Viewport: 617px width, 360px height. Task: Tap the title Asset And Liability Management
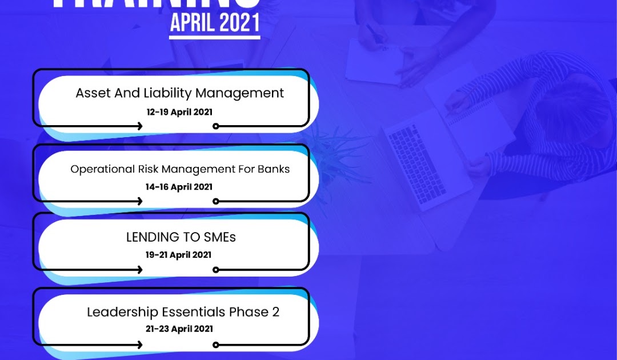179,93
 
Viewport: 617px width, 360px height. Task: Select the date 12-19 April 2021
179,112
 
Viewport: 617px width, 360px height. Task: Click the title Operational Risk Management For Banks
180,169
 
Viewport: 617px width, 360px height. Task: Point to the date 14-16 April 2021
179,187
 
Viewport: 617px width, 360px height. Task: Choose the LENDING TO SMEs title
181,237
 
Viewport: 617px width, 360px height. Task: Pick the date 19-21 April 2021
179,255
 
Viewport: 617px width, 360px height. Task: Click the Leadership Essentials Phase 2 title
183,312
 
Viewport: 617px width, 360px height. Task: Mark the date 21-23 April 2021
179,329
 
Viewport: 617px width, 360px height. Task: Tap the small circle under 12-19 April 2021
215,126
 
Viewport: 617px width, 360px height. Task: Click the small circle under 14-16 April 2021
215,201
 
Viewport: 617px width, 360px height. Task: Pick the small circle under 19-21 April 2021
215,270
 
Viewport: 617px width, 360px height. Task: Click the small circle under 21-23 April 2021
215,345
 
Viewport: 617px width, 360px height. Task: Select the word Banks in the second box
273,169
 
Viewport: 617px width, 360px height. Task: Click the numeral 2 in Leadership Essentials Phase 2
275,312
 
